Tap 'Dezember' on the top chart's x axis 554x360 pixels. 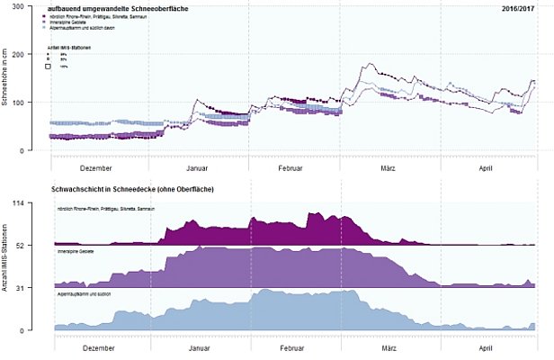coord(96,168)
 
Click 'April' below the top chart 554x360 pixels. coord(486,168)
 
